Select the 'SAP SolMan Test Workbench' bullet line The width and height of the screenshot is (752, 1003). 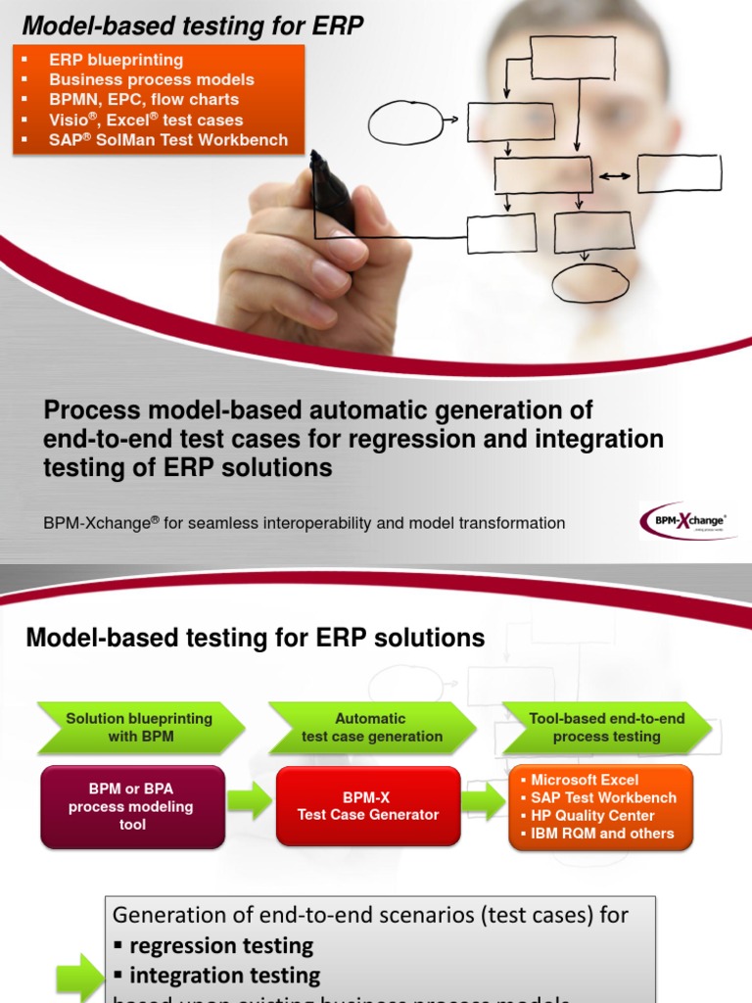(168, 140)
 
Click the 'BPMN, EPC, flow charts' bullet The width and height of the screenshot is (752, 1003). (144, 100)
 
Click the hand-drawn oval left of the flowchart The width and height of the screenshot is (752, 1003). (404, 122)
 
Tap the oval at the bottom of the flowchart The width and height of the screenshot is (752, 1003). (589, 283)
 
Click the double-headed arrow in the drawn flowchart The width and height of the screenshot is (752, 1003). (615, 176)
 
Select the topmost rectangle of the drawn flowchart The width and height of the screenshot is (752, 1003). (573, 58)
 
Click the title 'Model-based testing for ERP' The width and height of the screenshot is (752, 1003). (192, 26)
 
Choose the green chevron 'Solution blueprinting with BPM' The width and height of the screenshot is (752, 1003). (138, 728)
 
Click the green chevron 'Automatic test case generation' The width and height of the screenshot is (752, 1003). (371, 728)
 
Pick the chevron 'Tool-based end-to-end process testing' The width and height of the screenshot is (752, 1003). (606, 728)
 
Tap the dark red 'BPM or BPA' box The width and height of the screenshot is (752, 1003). (133, 807)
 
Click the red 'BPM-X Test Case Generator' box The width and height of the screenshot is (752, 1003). (368, 806)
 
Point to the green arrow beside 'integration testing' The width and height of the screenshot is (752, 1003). (77, 976)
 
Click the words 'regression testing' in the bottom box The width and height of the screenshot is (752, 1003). (221, 946)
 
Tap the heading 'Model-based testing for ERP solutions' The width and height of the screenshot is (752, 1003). (255, 639)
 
